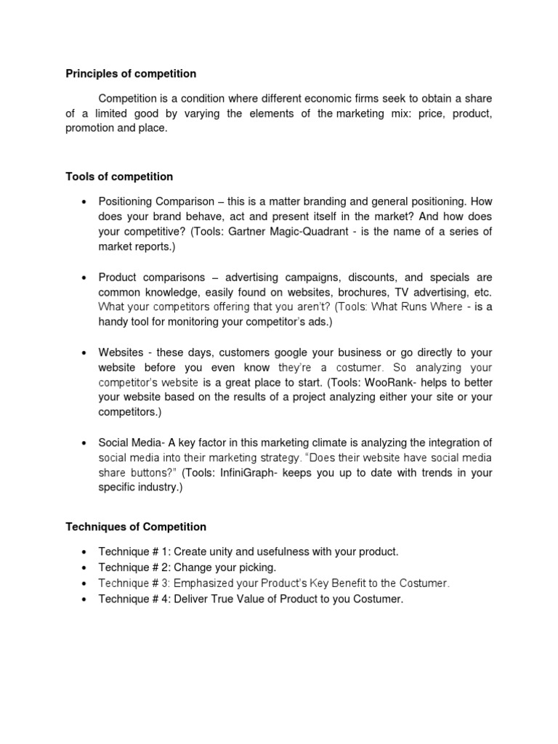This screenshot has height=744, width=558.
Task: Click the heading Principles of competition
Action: [x=131, y=73]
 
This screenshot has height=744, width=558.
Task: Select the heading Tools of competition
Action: [x=119, y=177]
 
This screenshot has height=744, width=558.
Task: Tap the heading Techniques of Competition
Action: [x=136, y=527]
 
